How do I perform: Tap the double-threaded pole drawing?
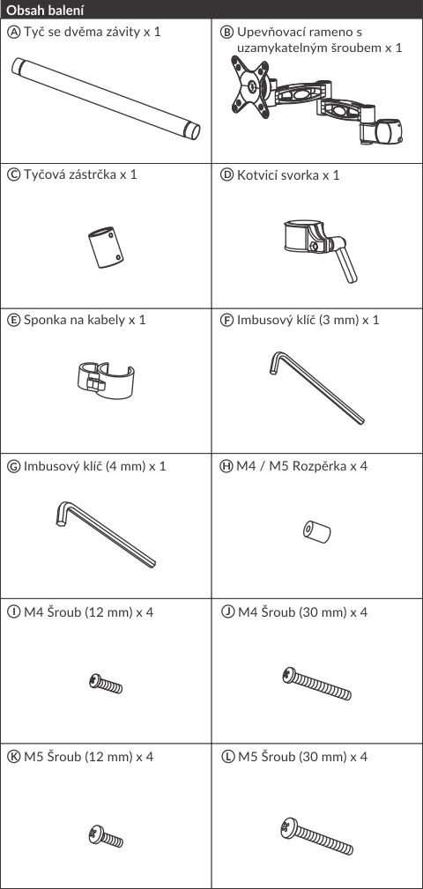coord(106,99)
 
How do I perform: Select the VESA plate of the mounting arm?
coord(250,87)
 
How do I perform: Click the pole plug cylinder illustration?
coord(106,248)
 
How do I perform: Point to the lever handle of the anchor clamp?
coord(346,265)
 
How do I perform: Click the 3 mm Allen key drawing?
coord(316,388)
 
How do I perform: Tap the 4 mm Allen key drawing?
coord(106,534)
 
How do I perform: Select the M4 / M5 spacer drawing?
coord(317,532)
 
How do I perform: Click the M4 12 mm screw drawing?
coord(106,683)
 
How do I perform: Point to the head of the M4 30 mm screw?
coord(289,675)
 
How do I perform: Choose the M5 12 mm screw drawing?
coord(106,836)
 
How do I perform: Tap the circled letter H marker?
coord(226,466)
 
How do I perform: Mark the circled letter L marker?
coord(226,757)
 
